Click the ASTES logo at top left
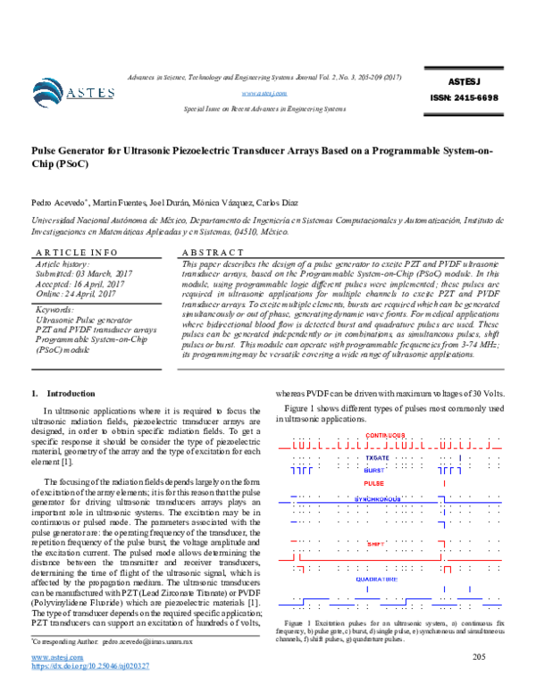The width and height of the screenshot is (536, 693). point(72,90)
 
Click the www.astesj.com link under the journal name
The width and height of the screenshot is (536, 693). point(264,92)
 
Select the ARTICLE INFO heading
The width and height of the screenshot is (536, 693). point(74,253)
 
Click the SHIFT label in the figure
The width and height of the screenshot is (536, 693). point(375,542)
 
